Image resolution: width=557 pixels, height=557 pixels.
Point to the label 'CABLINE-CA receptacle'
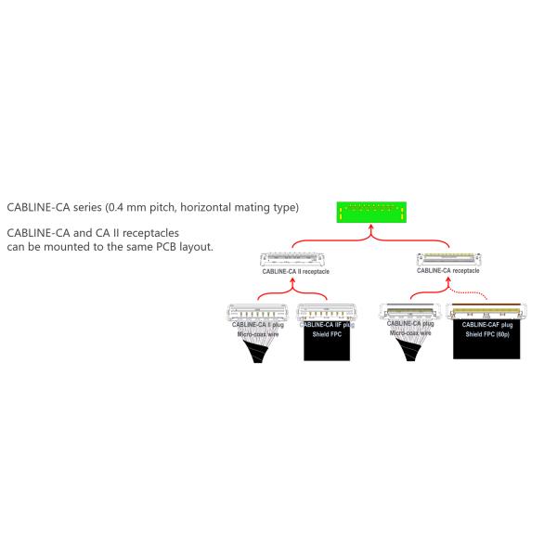pos(448,271)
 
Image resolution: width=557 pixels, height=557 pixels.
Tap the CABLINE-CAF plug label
pos(493,324)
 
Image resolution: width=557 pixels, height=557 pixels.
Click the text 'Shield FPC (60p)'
pos(493,334)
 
